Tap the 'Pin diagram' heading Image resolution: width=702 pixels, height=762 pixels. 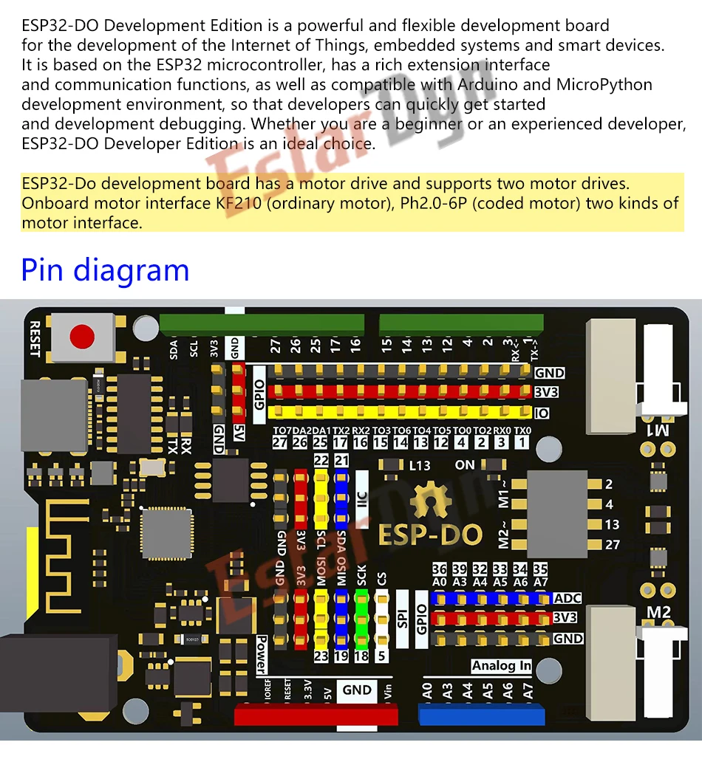(x=106, y=270)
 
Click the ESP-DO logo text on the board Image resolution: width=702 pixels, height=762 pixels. (x=430, y=535)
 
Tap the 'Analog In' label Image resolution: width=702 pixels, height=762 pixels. (x=502, y=666)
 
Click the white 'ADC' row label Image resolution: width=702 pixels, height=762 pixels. (x=568, y=598)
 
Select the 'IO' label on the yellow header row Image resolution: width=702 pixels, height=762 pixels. (x=542, y=413)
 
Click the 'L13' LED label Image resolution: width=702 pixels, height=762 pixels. (x=419, y=466)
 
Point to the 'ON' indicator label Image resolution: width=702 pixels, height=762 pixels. (x=465, y=465)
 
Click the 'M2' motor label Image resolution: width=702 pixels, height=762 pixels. (x=658, y=612)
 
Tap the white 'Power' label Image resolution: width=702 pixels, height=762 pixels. (x=261, y=654)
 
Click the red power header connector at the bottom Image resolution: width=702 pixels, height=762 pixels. (x=316, y=715)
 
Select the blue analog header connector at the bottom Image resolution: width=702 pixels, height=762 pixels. (x=481, y=715)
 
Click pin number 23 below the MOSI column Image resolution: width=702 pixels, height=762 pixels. (x=321, y=656)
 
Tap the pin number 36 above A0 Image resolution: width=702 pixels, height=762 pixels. (x=440, y=569)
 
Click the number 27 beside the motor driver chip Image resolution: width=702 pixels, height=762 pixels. (x=612, y=545)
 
